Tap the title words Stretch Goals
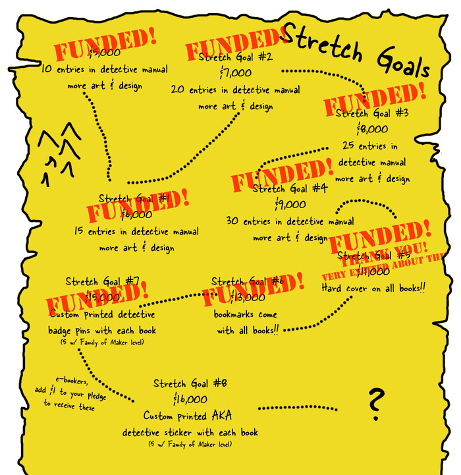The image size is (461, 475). click(x=356, y=50)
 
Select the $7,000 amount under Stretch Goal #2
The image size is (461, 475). click(x=236, y=72)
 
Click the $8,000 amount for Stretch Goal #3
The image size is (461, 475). click(x=373, y=129)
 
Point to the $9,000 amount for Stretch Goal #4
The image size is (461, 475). click(x=290, y=204)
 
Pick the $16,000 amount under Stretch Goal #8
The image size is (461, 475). click(x=191, y=399)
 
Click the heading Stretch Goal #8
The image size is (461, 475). click(x=190, y=383)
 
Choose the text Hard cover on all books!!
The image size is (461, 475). click(x=373, y=288)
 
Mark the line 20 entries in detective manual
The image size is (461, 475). click(x=235, y=90)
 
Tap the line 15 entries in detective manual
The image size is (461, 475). click(x=136, y=232)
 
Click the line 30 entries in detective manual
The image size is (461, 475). click(x=290, y=221)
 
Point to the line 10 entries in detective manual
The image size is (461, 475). click(x=104, y=69)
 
